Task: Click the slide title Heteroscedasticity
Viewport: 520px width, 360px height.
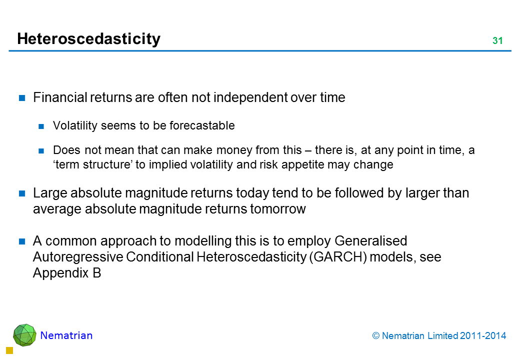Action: pyautogui.click(x=88, y=39)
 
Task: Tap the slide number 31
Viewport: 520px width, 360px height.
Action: pyautogui.click(x=497, y=40)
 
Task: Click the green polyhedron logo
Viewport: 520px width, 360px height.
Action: pyautogui.click(x=24, y=335)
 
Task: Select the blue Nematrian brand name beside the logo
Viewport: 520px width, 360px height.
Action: pyautogui.click(x=66, y=335)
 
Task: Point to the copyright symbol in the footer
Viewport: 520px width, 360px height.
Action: pyautogui.click(x=375, y=336)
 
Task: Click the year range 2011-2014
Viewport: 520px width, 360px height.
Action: pyautogui.click(x=483, y=336)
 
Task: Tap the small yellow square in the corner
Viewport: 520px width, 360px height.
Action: pyautogui.click(x=9, y=350)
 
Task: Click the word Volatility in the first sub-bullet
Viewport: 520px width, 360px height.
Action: pyautogui.click(x=75, y=126)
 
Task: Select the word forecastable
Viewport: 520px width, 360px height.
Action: pyautogui.click(x=202, y=125)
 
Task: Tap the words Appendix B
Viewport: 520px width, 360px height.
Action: pyautogui.click(x=67, y=273)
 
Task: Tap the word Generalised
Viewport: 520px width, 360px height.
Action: pyautogui.click(x=371, y=241)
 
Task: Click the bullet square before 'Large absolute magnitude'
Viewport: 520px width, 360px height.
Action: pyautogui.click(x=22, y=193)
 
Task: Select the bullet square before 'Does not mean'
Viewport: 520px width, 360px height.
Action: pyautogui.click(x=41, y=151)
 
